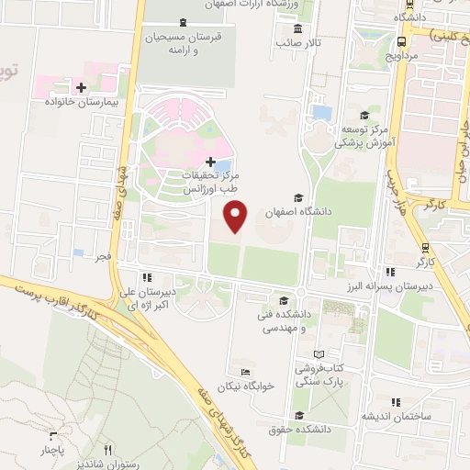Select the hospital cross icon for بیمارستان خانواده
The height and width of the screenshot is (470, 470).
tap(82, 88)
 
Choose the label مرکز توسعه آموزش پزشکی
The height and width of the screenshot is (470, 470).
tap(364, 136)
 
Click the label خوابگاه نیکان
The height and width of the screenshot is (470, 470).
tap(247, 386)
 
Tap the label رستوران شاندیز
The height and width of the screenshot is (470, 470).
tap(109, 464)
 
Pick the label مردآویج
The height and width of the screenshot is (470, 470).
tap(402, 54)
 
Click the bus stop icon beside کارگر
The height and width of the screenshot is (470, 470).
tap(425, 247)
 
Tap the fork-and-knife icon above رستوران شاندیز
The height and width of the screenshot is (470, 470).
tap(107, 449)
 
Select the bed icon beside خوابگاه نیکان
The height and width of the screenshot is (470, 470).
tap(245, 372)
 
